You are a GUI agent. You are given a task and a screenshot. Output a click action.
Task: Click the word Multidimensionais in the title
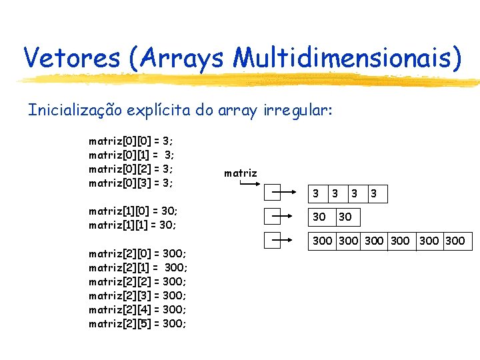tap(347, 57)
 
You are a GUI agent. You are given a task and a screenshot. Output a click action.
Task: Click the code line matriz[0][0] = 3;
tap(131, 141)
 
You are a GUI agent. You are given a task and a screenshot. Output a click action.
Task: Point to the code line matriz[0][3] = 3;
tap(131, 183)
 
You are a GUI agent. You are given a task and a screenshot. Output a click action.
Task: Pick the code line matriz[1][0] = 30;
tap(133, 211)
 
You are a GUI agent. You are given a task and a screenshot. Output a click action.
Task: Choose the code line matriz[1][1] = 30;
tap(133, 225)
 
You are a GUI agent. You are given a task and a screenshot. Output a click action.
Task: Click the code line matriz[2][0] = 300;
tap(137, 253)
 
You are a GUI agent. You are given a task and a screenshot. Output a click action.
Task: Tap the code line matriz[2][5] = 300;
tap(137, 323)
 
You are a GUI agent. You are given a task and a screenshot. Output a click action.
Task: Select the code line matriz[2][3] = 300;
tap(137, 295)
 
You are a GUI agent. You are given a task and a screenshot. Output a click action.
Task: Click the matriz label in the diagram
tap(240, 173)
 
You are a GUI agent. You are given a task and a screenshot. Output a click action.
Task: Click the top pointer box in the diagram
tap(274, 194)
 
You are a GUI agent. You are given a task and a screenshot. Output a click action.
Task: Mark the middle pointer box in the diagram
tap(274, 217)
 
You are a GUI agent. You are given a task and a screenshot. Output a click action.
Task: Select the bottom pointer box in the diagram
tap(274, 240)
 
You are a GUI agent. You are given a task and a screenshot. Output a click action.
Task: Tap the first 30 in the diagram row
tap(319, 217)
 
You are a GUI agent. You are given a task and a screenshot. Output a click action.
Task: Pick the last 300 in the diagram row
tap(455, 241)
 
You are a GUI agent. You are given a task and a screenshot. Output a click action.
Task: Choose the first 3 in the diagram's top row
tap(316, 194)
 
